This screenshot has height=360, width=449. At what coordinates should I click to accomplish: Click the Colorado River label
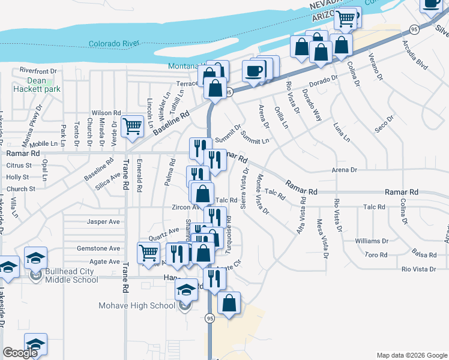(113, 43)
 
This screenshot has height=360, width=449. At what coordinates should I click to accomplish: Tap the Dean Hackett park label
(36, 85)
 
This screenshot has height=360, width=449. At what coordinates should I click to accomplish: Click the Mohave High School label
(137, 305)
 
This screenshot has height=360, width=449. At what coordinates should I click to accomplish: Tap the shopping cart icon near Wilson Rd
(132, 127)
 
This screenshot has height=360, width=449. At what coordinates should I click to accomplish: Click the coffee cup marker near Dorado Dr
(254, 71)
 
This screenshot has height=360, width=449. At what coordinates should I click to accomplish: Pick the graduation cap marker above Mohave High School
(187, 290)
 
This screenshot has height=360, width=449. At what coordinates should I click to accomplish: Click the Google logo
(20, 353)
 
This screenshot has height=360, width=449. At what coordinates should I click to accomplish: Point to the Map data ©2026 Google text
(411, 355)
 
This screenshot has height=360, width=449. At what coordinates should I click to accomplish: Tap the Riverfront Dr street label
(38, 70)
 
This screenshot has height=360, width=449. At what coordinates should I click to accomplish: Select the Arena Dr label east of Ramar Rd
(344, 170)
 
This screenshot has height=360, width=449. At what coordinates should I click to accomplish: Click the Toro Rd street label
(376, 255)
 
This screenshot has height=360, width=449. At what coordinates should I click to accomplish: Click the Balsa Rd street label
(423, 253)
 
